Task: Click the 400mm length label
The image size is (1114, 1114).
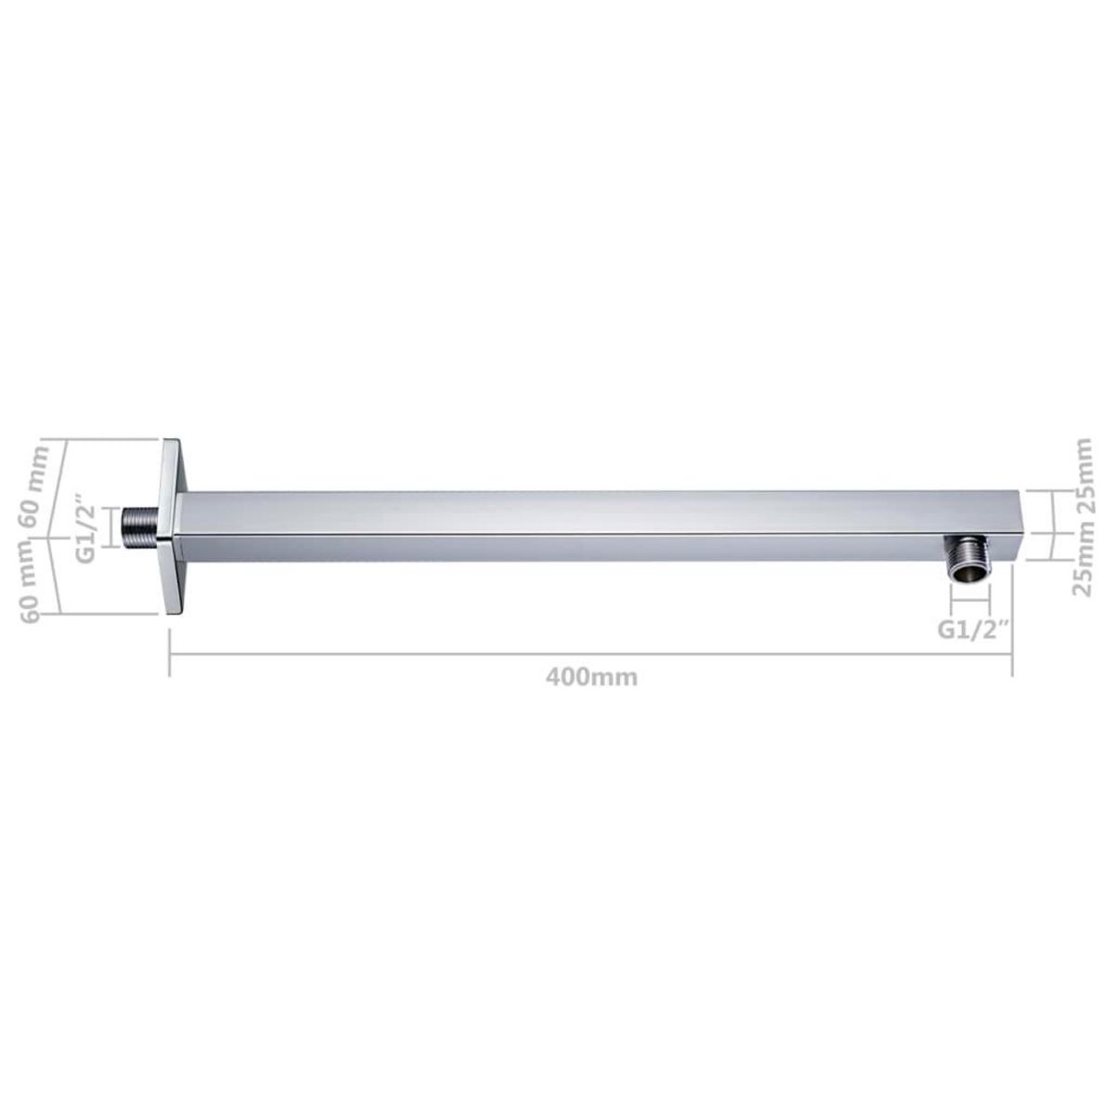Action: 591,677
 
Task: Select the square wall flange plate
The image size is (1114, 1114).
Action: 174,525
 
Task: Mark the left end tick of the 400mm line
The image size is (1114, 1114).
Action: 169,654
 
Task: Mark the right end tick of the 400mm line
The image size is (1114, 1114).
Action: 1012,654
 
